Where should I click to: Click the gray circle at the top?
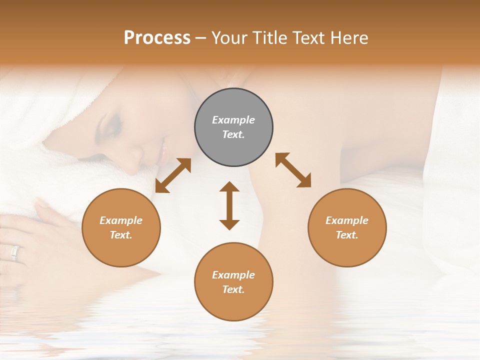(x=233, y=127)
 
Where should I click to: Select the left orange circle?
(x=121, y=227)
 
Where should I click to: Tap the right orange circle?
(x=347, y=227)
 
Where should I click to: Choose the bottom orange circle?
(x=233, y=282)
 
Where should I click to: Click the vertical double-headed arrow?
(x=229, y=205)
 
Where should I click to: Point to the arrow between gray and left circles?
(x=173, y=175)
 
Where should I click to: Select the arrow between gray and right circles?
(x=293, y=170)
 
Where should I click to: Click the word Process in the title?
(x=157, y=37)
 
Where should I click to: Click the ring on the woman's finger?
(x=15, y=253)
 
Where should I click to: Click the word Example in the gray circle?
(x=233, y=120)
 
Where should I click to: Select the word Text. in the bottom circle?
(x=233, y=289)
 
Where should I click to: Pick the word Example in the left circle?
(x=121, y=220)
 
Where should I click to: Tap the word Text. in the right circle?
(x=347, y=235)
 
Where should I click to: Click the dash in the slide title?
(x=201, y=38)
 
